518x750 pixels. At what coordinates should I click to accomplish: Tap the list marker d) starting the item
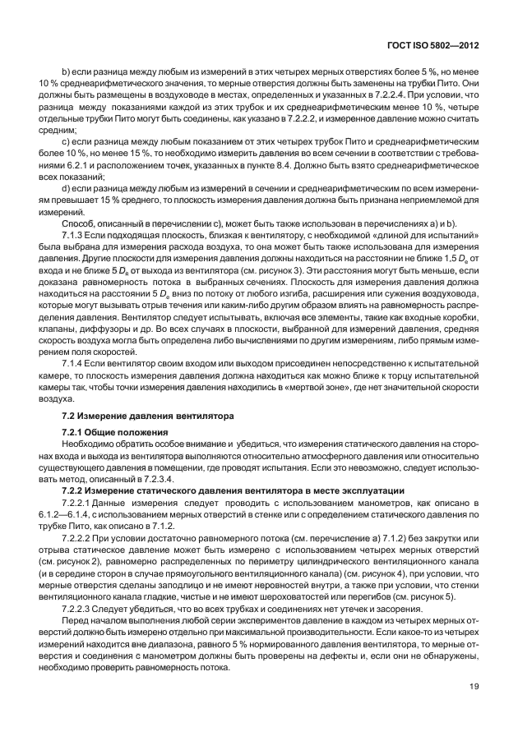pos(66,189)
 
